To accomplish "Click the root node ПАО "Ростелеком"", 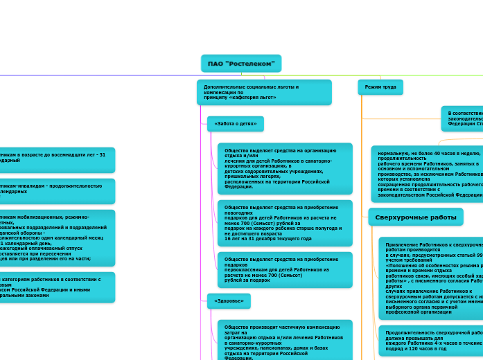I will click(x=241, y=64).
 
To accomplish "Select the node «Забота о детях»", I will click(x=235, y=124).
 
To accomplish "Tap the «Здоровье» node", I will click(x=229, y=301).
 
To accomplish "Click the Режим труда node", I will click(x=380, y=87).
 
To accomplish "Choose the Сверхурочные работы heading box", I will click(x=415, y=217).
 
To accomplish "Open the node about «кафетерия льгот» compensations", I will click(x=263, y=92).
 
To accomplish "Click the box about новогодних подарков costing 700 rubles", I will click(x=284, y=222).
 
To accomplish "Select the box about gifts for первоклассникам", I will click(x=284, y=269).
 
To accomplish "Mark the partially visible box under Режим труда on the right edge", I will click(x=462, y=118).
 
